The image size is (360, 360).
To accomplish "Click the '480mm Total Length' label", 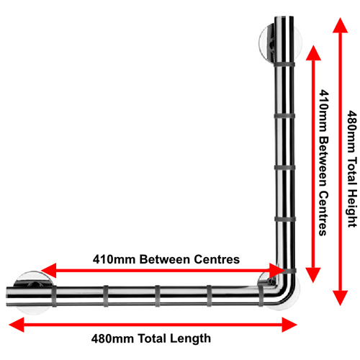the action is coord(151,338).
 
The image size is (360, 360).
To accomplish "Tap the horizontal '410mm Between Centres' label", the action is coord(166,259).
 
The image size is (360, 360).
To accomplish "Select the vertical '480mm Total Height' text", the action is coord(352,168).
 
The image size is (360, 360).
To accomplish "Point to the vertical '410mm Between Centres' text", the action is coord(323,163).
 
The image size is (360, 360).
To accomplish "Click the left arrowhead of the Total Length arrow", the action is coord(17,325).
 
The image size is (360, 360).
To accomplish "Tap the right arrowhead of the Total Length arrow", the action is coord(289,325).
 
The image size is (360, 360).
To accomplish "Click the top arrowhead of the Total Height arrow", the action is coord(341,25).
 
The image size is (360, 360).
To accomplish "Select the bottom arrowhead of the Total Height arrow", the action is coord(341,298).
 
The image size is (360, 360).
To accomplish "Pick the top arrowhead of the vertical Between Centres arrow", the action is coord(313,53).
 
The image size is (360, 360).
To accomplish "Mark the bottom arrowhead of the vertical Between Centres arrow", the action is coord(313,275).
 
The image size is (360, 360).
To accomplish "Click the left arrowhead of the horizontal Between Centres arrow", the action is coord(48,271).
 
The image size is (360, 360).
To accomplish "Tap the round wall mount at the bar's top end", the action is coord(280,43).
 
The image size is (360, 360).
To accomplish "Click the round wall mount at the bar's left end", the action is coord(33,292).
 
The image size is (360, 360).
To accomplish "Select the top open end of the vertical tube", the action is coord(284,17).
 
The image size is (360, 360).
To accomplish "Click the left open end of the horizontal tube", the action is coord(6,296).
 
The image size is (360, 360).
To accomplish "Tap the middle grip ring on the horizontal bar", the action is coord(158,296).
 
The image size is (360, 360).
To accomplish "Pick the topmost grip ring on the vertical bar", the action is coord(284,65).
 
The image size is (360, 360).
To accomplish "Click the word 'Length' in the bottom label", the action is coord(190,338).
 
